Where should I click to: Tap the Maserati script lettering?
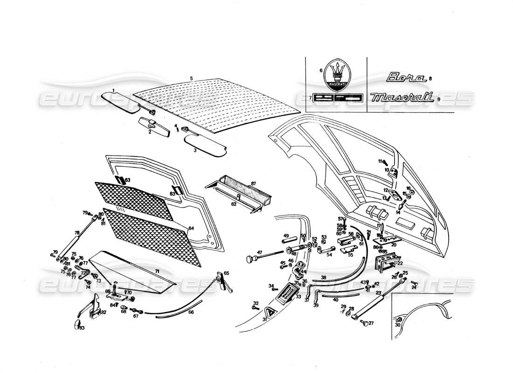click(x=403, y=97)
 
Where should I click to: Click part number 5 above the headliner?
click(x=191, y=77)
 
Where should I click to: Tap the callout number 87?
click(x=266, y=183)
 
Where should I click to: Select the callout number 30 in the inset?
click(x=397, y=325)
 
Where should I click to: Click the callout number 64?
click(x=191, y=228)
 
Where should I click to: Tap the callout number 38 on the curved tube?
click(x=323, y=278)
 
